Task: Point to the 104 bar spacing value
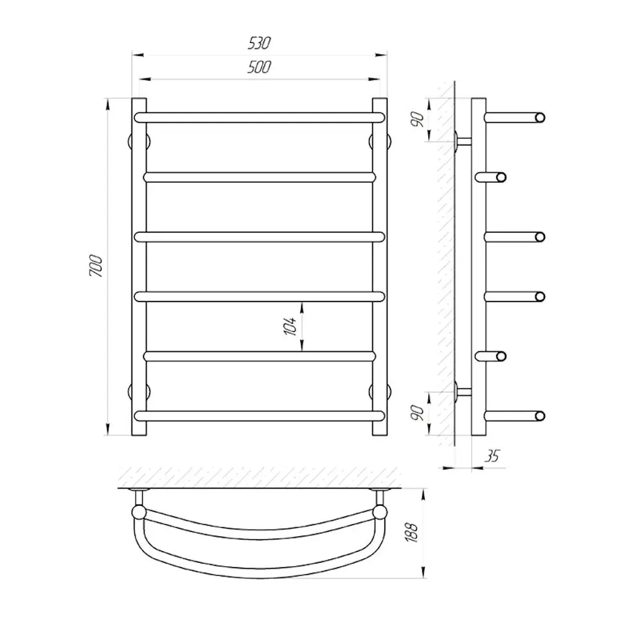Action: [x=291, y=326]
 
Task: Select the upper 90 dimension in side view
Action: [x=418, y=119]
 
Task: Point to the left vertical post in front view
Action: [x=139, y=266]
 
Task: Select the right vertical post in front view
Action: [x=380, y=266]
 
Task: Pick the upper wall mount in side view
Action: [x=461, y=141]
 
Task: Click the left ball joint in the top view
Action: [x=138, y=512]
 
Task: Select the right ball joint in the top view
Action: [x=380, y=512]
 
